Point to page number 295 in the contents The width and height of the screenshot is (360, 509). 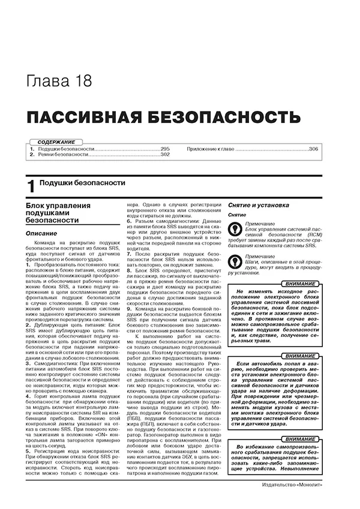click(x=165, y=148)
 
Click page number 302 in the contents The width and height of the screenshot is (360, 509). click(x=165, y=155)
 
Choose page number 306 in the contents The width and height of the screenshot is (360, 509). click(x=313, y=148)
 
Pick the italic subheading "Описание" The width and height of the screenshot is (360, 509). click(x=41, y=233)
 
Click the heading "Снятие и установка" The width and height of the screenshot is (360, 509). click(x=258, y=205)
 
